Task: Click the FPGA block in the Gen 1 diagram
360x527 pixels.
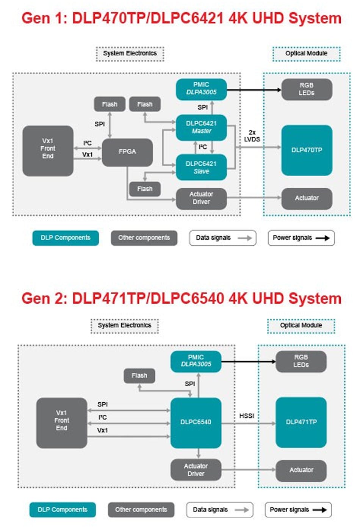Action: coord(127,152)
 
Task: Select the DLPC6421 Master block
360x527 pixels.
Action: coord(201,127)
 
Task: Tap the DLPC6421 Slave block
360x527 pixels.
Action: coord(201,167)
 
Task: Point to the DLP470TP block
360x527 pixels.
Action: coord(307,150)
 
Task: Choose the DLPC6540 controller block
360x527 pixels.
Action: coord(196,422)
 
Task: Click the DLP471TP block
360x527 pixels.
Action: coord(301,422)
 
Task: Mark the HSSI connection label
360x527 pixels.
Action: coord(247,416)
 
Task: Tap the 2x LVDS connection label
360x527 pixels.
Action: coord(252,136)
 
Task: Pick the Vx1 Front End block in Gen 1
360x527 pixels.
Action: coord(48,151)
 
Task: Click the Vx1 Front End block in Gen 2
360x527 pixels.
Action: coord(61,422)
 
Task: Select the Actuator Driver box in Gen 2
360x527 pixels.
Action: coord(196,470)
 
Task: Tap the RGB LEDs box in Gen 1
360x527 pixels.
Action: coord(307,89)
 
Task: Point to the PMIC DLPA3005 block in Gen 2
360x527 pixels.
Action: coord(196,361)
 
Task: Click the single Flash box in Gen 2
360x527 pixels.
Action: coord(139,376)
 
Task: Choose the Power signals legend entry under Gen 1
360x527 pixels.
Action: coord(301,238)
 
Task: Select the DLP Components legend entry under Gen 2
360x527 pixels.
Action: coord(63,510)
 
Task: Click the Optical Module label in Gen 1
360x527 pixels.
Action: coord(306,53)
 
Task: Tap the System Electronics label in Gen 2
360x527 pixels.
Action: coord(124,325)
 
